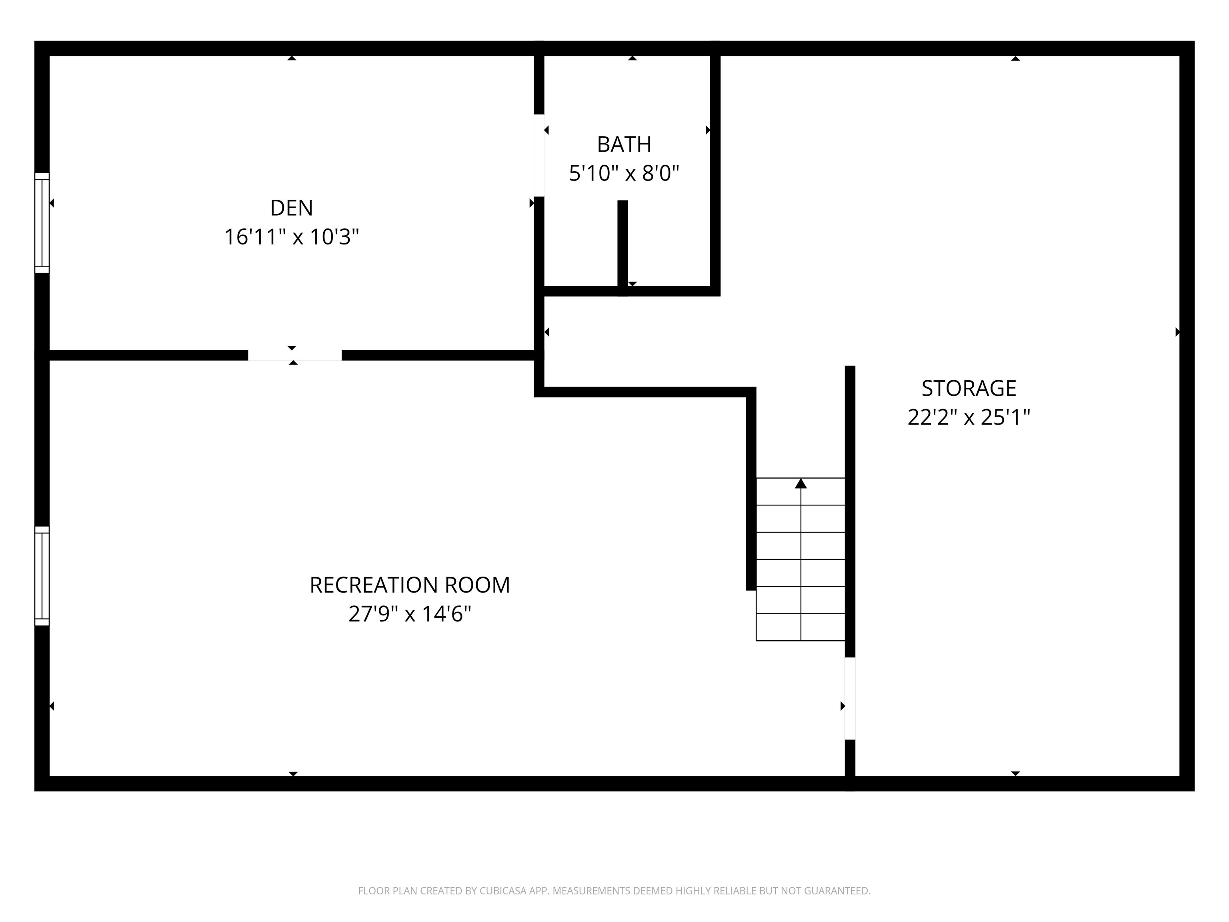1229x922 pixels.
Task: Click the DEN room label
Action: pos(291,208)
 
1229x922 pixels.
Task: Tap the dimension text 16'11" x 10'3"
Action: pos(291,237)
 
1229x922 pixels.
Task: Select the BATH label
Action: pos(624,144)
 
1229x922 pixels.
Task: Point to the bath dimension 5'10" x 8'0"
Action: pos(624,174)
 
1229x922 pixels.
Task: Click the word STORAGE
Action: pos(969,388)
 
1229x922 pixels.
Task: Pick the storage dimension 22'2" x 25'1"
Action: pos(969,417)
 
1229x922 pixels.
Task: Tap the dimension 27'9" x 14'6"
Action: pos(410,615)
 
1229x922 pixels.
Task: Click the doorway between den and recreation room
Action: pos(294,355)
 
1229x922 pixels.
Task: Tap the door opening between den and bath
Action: pos(539,156)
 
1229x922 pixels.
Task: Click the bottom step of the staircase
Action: pos(801,627)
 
